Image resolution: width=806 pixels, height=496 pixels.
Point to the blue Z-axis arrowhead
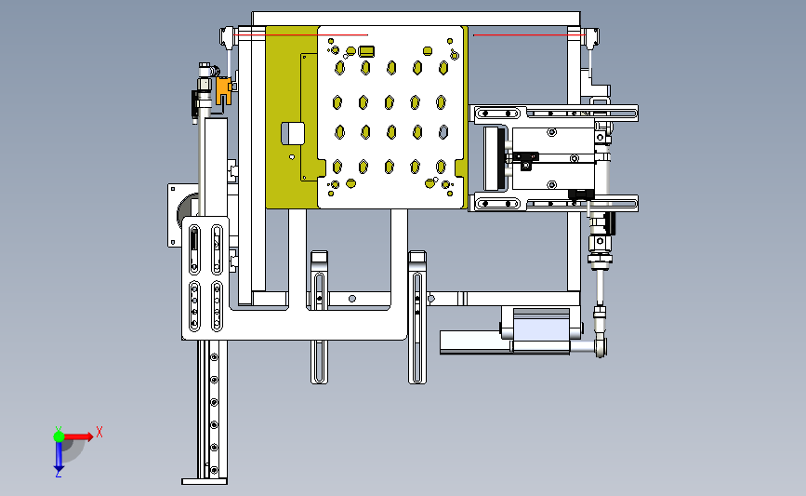pos(59,468)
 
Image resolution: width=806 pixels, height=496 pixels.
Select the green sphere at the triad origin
pos(59,436)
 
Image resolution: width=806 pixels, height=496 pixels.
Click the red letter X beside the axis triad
pos(99,432)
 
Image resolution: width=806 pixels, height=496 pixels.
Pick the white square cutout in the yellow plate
pos(293,133)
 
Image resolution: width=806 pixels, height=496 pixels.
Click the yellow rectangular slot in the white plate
pos(366,51)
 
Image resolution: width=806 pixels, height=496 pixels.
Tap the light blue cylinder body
pos(541,329)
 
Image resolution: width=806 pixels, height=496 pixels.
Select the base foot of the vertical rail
pos(205,482)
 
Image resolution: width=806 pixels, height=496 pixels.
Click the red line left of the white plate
pos(300,35)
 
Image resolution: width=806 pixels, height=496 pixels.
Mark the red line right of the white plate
pos(530,35)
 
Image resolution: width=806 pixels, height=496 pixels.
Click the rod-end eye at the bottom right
pos(601,346)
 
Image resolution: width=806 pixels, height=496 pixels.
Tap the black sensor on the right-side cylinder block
pos(526,158)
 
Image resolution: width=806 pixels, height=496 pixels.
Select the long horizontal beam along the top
pos(416,19)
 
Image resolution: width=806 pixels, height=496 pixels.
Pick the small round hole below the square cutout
pos(292,157)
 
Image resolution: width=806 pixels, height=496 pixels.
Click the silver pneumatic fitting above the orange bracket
pos(205,77)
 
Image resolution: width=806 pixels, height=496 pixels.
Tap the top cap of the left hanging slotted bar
pos(319,256)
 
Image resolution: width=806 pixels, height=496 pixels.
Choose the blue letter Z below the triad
pos(58,475)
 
